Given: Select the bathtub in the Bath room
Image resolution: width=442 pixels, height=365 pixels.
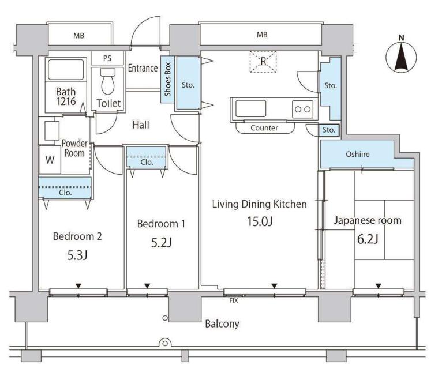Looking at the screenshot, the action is [66, 70].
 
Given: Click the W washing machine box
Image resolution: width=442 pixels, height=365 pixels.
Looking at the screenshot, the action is [50, 160].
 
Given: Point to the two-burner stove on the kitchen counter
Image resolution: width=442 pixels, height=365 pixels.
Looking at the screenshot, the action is [302, 109].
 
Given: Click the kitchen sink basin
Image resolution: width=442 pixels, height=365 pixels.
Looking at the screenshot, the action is [250, 108].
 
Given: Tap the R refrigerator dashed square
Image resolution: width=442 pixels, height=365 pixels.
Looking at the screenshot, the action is [263, 61].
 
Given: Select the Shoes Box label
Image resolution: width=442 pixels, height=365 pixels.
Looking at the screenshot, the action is [167, 80].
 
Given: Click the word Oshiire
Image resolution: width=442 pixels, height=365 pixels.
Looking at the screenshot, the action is [357, 154].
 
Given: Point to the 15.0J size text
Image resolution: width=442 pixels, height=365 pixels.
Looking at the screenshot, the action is [260, 221].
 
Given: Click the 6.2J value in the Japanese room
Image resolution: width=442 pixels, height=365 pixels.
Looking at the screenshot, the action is [368, 239].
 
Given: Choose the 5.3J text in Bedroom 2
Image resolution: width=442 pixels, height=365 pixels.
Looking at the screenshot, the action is [77, 255].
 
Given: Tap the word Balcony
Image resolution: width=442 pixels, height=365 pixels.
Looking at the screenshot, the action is [222, 324].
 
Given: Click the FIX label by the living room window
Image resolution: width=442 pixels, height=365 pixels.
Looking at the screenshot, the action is [233, 300].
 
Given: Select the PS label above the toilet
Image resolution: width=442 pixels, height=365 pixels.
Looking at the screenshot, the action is [107, 58].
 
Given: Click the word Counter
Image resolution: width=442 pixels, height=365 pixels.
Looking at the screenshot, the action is [264, 128].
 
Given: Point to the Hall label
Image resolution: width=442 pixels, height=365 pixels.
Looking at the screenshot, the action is [141, 125].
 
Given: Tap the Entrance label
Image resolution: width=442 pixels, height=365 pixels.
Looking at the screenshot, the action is [143, 68].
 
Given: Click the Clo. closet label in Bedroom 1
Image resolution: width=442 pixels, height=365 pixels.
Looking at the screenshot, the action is [147, 162].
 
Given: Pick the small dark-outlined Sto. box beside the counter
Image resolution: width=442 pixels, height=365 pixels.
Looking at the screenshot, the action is [329, 130].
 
